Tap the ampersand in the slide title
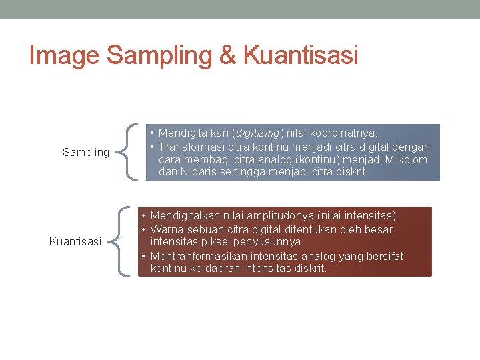[x=227, y=55]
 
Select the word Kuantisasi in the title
[x=301, y=55]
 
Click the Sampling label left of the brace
[x=85, y=152]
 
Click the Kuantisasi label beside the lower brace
[x=75, y=241]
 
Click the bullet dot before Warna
[x=143, y=229]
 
